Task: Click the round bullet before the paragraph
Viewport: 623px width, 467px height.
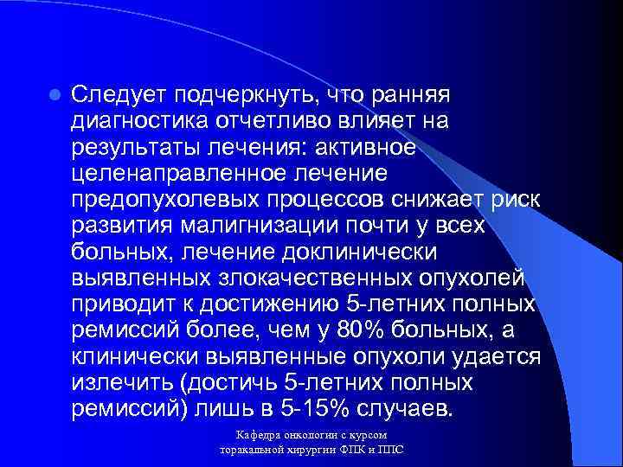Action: pos(54,93)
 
